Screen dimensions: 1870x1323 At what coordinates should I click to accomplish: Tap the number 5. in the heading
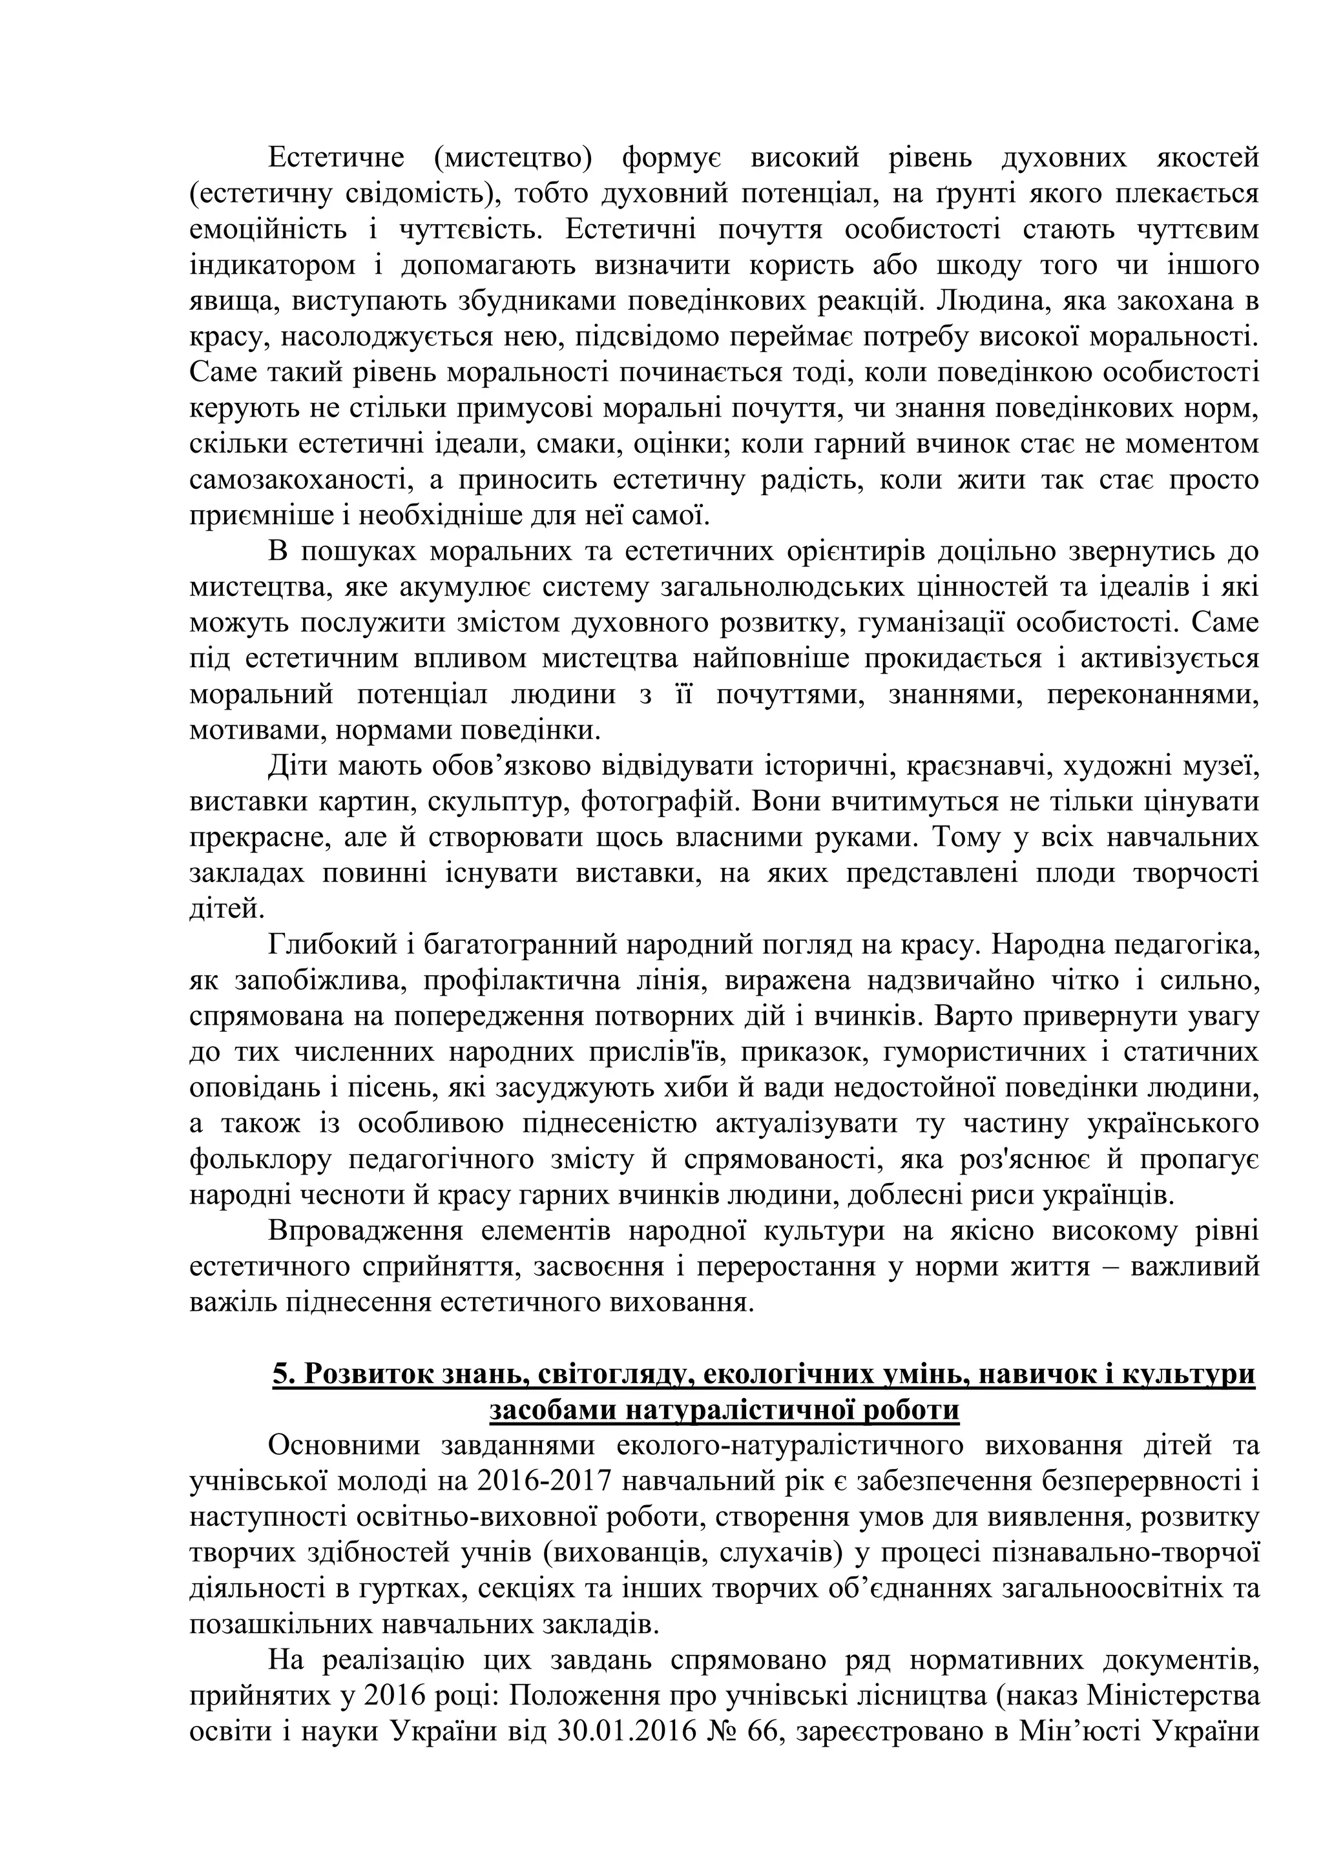(283, 1375)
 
